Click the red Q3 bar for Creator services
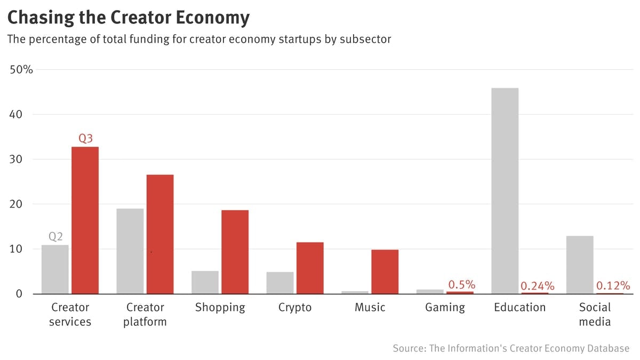coord(85,220)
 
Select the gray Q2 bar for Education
coord(505,190)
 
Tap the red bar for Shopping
coord(235,252)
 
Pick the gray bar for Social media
coord(580,265)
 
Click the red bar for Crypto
coord(310,268)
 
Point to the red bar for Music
coord(385,271)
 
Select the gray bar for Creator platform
coord(130,251)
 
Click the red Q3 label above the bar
coord(86,138)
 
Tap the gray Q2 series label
coord(55,236)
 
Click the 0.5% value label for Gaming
coord(461,284)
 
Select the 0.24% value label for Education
coord(537,286)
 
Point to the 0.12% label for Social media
coord(613,285)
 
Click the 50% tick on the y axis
coord(21,70)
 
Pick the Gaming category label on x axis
coord(445,307)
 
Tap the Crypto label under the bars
coord(295,307)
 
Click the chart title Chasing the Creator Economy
coord(128,18)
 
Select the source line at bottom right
coord(511,348)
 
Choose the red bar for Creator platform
coord(160,234)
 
